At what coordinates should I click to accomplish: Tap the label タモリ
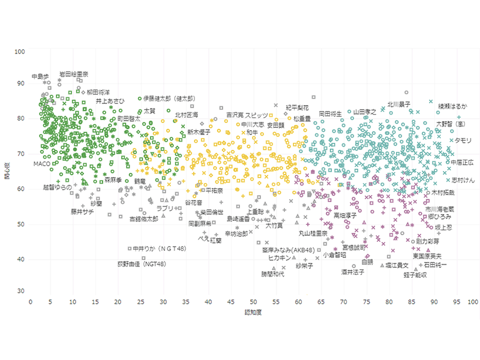click(463, 140)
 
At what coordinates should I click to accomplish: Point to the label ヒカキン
click(281, 258)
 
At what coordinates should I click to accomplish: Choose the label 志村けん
click(463, 180)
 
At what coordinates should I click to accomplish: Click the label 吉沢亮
click(235, 115)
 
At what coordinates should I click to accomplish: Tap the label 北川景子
click(398, 104)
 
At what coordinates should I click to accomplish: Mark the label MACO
click(42, 163)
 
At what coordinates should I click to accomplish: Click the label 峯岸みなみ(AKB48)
click(289, 250)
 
